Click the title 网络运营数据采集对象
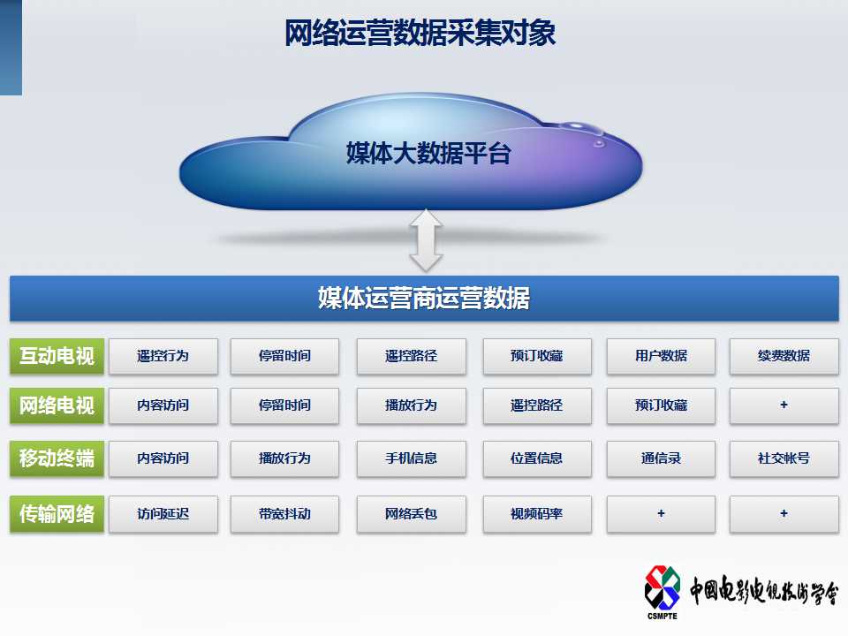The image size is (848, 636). coord(420,33)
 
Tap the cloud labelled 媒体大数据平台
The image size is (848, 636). coord(411,153)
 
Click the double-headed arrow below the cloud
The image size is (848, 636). coord(426,240)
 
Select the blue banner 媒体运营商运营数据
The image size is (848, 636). coord(424,298)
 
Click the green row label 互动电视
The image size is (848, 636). coord(57,356)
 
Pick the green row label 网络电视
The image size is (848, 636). coord(57,405)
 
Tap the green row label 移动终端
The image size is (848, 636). coord(57,458)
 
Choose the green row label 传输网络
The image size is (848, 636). coord(57,514)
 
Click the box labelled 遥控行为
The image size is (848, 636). coord(163,356)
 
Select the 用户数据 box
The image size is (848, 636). coord(661,356)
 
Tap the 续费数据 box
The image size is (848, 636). coord(784,356)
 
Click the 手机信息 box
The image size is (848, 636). coord(411,458)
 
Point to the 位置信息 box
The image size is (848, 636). coord(537,458)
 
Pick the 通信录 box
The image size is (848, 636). coord(661,458)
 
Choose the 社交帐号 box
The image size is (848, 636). coord(784,458)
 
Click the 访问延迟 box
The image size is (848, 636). coord(163,514)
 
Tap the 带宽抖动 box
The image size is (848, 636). coord(285,514)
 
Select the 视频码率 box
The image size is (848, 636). coord(537,514)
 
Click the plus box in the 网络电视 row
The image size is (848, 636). coord(784,405)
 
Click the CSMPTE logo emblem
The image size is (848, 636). coord(662,588)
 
